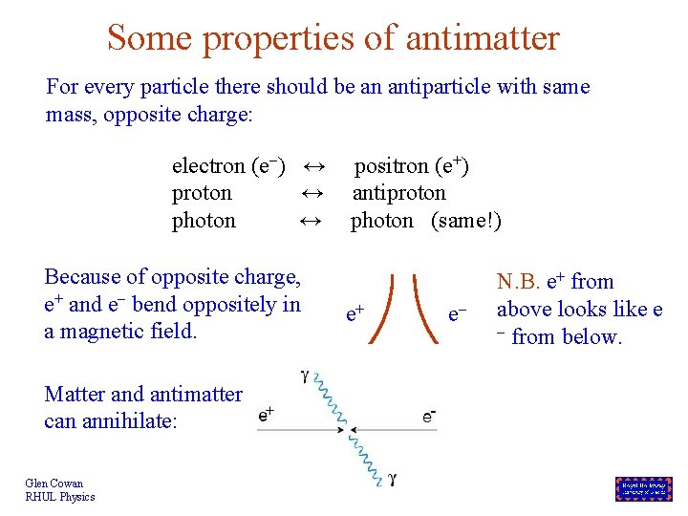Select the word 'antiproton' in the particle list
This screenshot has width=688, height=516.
398,193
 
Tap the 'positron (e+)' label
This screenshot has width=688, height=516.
411,166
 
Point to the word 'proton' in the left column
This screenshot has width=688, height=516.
202,193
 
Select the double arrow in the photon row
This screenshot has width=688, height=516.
309,221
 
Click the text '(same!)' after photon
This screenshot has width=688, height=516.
465,221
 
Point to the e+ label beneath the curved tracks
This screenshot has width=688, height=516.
355,312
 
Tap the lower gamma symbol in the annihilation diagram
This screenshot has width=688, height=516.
393,479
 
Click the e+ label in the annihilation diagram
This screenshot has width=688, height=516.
267,415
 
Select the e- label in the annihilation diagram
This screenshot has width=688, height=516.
430,415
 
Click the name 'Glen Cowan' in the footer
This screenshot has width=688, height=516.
54,484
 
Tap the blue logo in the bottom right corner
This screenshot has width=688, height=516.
643,489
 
